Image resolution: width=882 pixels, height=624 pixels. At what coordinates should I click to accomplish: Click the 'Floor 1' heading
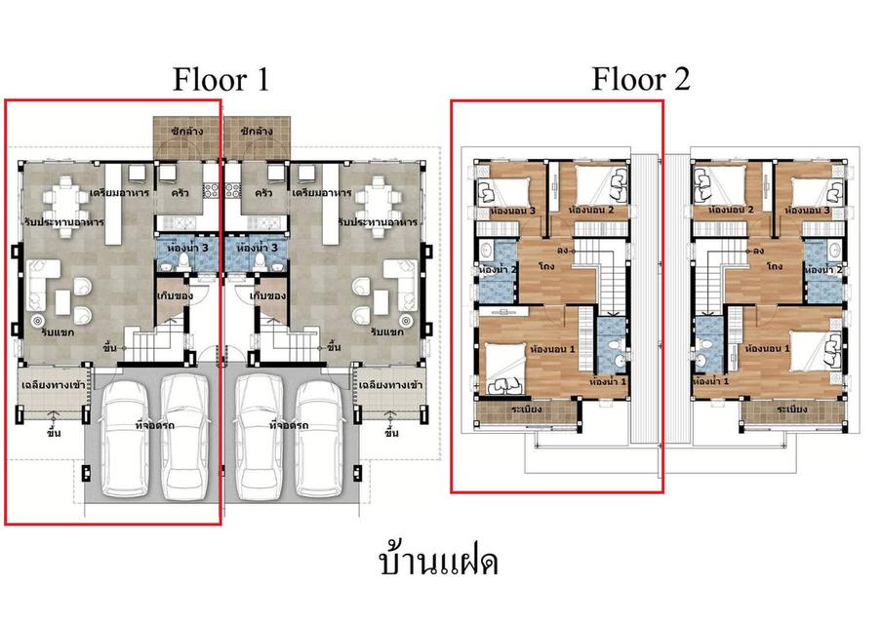220,79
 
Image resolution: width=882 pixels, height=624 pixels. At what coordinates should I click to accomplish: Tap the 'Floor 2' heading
640,79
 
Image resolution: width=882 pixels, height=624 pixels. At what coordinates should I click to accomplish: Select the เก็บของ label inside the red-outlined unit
174,293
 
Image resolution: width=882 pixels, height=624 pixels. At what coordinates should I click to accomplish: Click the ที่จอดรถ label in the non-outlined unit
289,425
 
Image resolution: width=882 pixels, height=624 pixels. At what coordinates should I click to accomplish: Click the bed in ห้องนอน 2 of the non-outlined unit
715,184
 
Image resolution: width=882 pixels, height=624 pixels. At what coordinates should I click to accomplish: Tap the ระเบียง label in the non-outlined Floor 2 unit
791,409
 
